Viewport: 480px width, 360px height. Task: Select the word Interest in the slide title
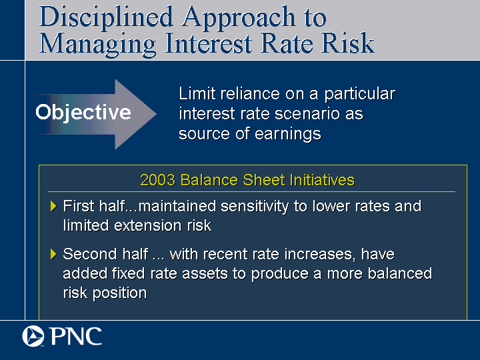pyautogui.click(x=208, y=43)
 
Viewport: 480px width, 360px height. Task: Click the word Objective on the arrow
pyautogui.click(x=83, y=113)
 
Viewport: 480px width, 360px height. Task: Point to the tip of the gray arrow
pyautogui.click(x=156, y=114)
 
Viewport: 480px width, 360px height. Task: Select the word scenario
pyautogui.click(x=307, y=114)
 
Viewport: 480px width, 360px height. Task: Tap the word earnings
pyautogui.click(x=288, y=135)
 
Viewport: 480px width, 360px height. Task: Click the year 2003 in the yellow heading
pyautogui.click(x=158, y=180)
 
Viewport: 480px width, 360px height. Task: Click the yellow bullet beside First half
pyautogui.click(x=53, y=206)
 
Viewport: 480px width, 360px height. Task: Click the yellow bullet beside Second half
pyautogui.click(x=53, y=255)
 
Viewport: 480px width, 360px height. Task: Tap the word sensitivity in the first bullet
pyautogui.click(x=255, y=207)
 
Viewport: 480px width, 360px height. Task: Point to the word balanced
pyautogui.click(x=400, y=274)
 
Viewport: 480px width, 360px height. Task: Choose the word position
pyautogui.click(x=119, y=293)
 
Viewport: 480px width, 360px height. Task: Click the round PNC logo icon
pyautogui.click(x=33, y=336)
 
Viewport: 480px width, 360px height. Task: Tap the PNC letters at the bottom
pyautogui.click(x=76, y=337)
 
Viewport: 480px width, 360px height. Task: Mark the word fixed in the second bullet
pyautogui.click(x=128, y=274)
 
